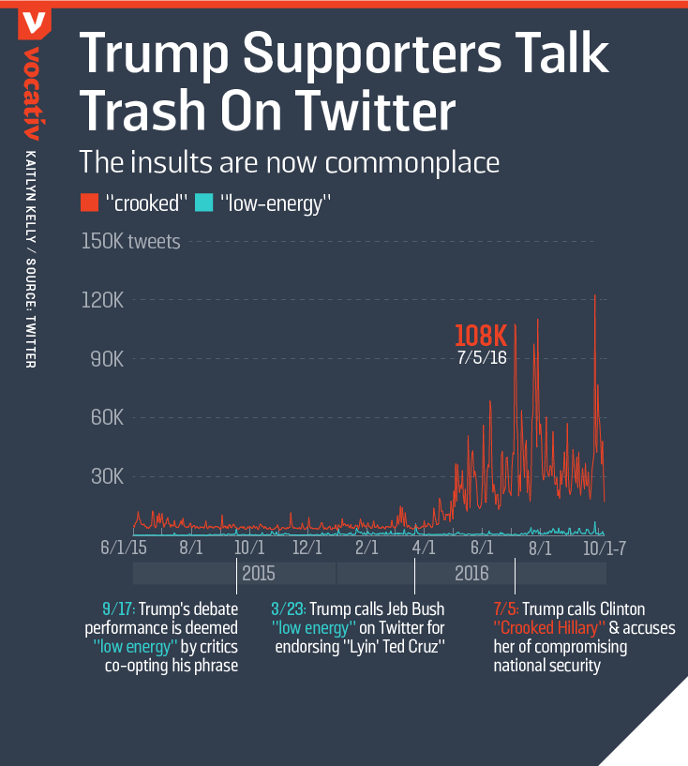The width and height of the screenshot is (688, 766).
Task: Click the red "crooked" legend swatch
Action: [x=89, y=202]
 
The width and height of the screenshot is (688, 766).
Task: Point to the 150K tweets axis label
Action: [x=131, y=242]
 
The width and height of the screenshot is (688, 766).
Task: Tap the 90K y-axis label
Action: [x=107, y=359]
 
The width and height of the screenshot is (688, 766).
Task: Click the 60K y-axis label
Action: [x=107, y=417]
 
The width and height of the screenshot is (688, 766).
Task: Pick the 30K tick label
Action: [x=107, y=476]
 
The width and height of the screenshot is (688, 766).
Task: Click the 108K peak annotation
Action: [x=481, y=336]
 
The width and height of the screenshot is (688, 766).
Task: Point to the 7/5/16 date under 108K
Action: [x=482, y=357]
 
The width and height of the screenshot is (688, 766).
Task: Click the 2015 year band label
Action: [x=259, y=573]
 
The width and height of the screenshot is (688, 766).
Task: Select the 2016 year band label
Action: [x=471, y=573]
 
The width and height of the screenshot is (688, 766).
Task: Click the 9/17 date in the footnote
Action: [x=118, y=609]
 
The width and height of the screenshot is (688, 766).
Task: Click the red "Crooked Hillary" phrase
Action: [x=546, y=628]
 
